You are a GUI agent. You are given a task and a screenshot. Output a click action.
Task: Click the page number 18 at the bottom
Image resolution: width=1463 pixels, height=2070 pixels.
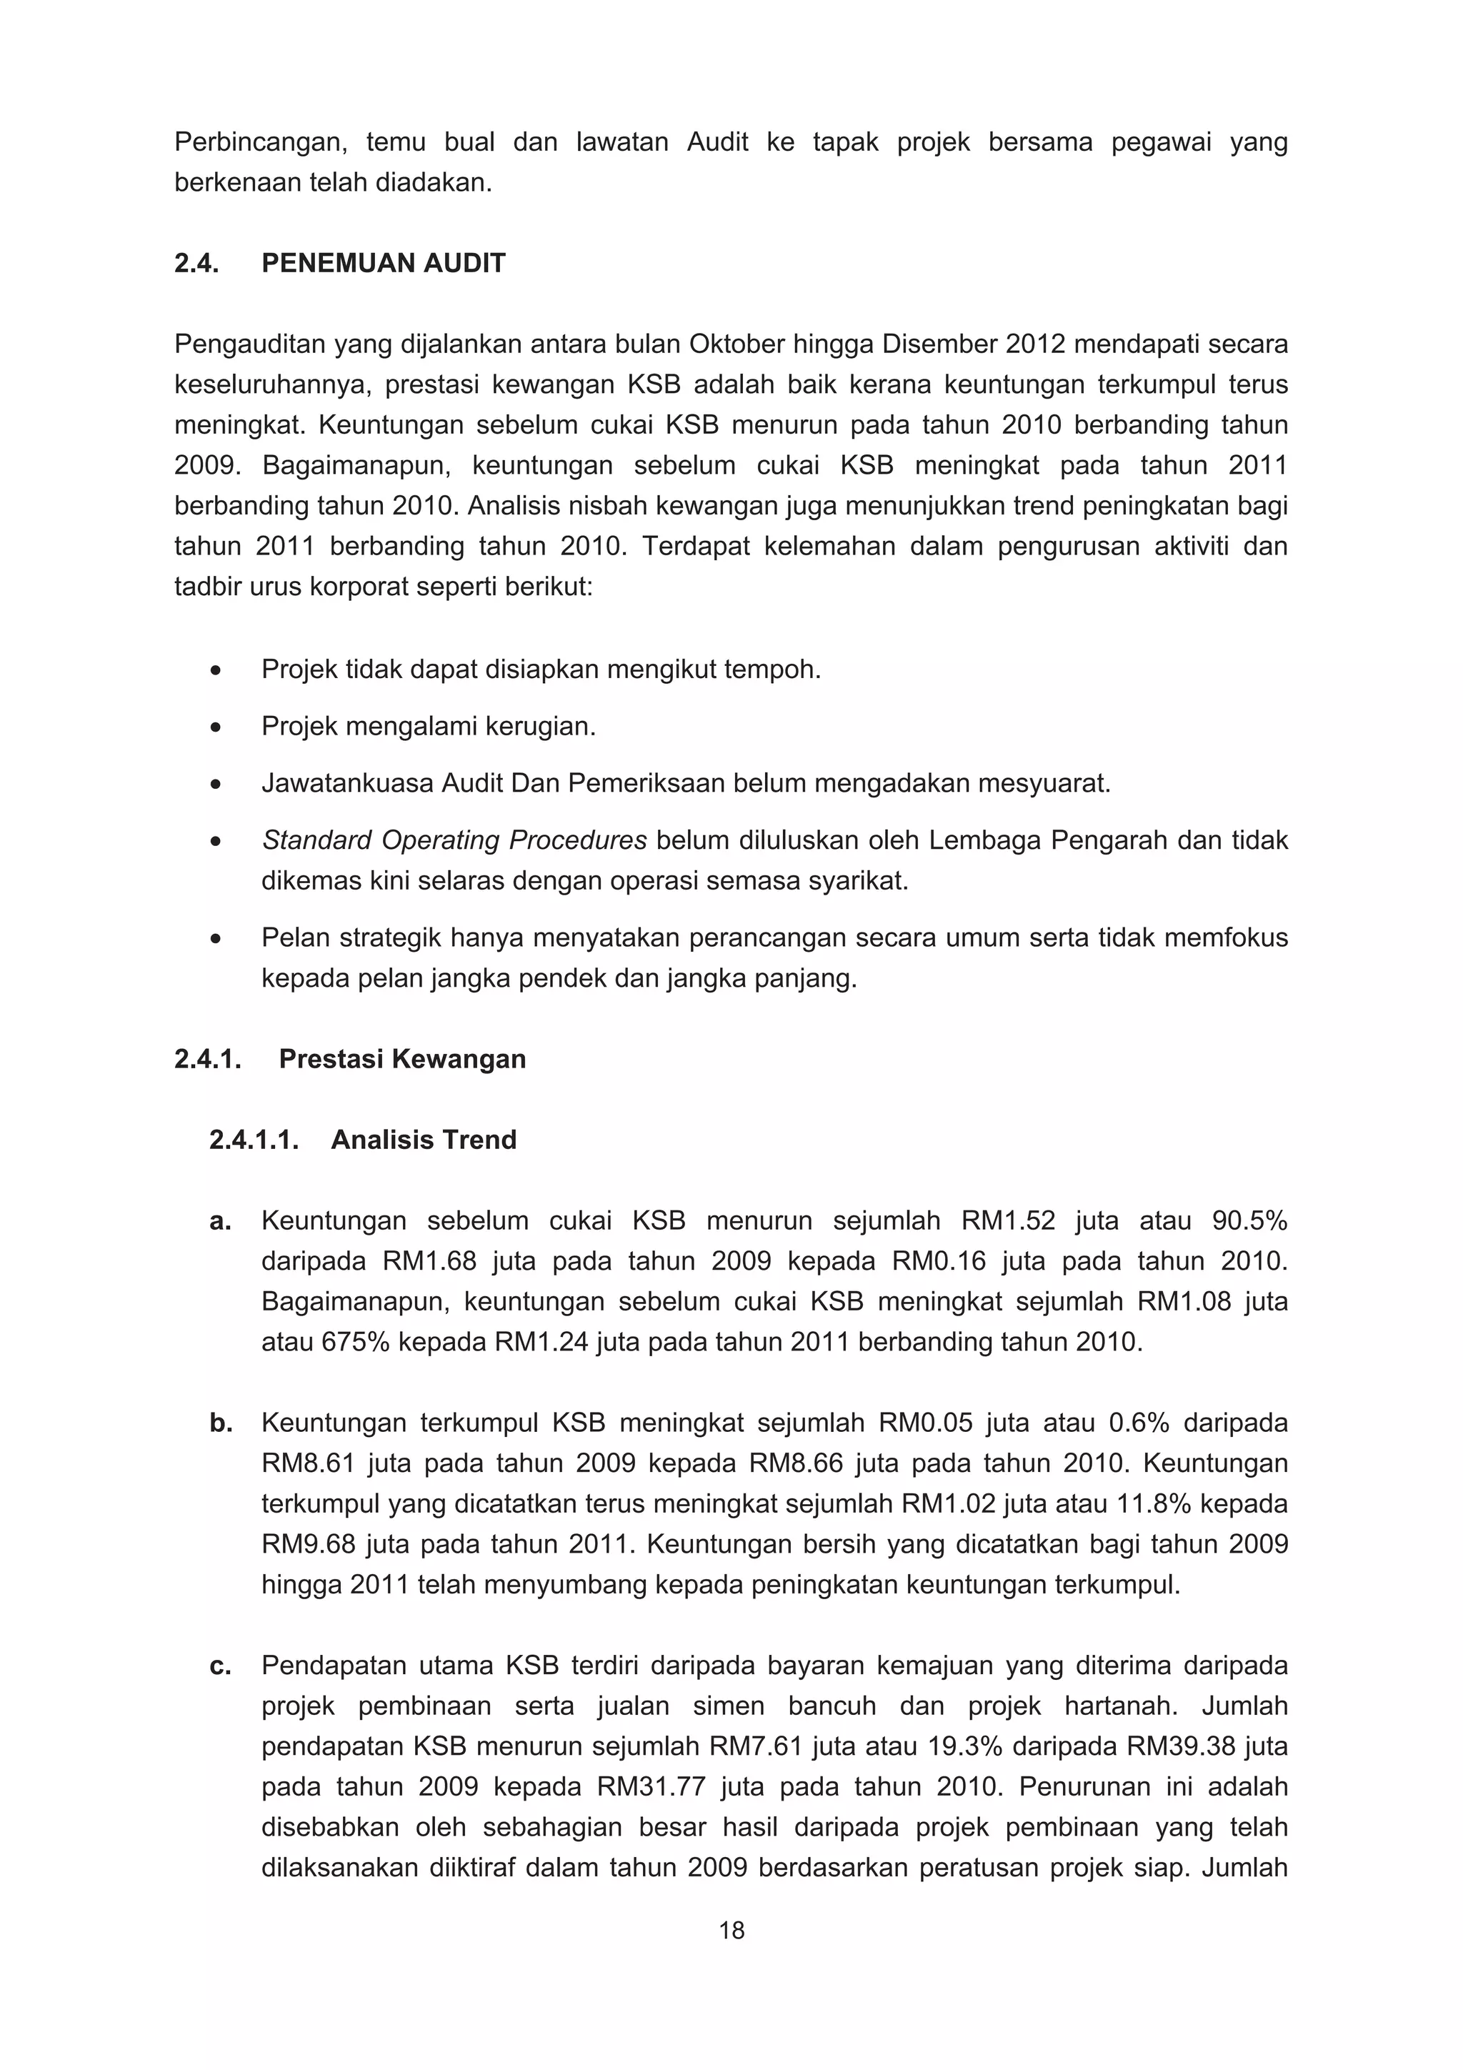pos(731,1930)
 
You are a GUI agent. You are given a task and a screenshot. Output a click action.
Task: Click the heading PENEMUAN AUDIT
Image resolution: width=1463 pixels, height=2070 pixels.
pos(383,263)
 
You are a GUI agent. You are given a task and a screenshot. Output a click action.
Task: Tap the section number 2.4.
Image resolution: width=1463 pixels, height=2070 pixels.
pos(196,263)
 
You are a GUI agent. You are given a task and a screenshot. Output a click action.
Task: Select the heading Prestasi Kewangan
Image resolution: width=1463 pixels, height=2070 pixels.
pos(402,1058)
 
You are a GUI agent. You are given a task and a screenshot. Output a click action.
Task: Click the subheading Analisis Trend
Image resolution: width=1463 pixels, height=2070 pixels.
pos(424,1140)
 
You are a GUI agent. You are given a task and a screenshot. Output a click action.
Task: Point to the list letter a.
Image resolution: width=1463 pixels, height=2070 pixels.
pos(220,1220)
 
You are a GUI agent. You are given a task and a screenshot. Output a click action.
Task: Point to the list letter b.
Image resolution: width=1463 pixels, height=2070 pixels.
pos(221,1423)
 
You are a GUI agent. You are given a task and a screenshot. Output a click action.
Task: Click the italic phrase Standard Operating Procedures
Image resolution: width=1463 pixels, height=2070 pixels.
pos(454,840)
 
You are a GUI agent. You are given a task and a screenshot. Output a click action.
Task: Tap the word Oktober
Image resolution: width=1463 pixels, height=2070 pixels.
pos(737,344)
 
